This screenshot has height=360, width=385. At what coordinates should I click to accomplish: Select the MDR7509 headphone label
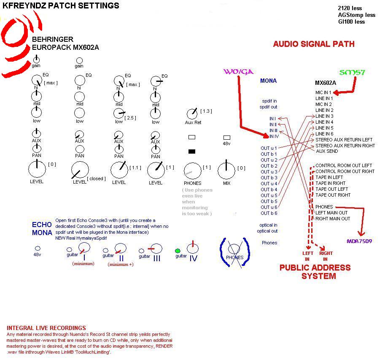[x=359, y=241]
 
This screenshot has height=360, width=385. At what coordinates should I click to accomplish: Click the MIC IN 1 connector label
[x=326, y=92]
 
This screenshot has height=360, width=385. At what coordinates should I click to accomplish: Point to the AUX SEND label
[x=326, y=151]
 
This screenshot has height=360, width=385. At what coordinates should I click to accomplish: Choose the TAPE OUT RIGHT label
[x=333, y=195]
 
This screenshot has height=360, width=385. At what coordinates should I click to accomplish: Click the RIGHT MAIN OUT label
[x=332, y=219]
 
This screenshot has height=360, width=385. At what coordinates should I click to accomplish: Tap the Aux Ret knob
[x=192, y=114]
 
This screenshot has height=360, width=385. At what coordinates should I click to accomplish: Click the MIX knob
[x=226, y=171]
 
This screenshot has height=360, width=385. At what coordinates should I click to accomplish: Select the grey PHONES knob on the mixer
[x=192, y=171]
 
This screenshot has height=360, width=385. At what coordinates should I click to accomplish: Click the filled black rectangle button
[x=192, y=151]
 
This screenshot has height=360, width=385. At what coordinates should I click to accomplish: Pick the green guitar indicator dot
[x=178, y=251]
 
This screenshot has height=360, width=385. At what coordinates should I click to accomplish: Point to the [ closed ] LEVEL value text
[x=96, y=179]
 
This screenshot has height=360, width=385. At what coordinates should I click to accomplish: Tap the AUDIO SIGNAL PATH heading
[x=314, y=44]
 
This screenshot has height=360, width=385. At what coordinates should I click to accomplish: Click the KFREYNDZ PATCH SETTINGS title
[x=61, y=6]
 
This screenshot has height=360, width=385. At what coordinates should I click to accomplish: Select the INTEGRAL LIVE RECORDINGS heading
[x=46, y=328]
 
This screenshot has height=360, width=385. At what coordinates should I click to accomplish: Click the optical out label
[x=267, y=231]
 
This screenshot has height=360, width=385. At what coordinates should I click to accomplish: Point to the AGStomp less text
[x=356, y=15]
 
